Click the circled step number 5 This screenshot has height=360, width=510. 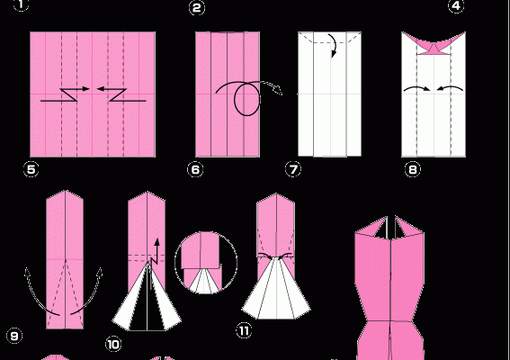(31, 169)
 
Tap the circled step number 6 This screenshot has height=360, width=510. (195, 169)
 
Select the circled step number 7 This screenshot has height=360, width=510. (293, 169)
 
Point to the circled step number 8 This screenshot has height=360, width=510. (413, 169)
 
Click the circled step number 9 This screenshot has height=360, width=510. (14, 336)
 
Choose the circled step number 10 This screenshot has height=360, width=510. (113, 345)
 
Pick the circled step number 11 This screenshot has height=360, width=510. (245, 331)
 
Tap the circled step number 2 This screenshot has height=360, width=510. (197, 7)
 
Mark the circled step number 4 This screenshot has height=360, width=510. (456, 5)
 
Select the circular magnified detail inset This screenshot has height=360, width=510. (206, 263)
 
